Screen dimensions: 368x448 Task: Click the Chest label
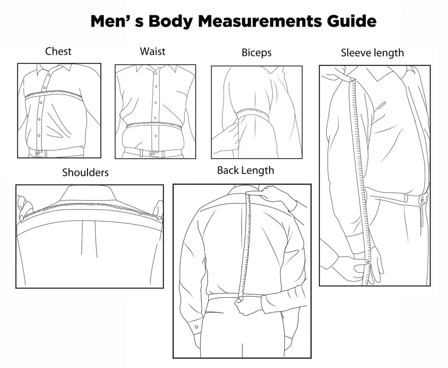point(58,51)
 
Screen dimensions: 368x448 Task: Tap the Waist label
point(153,51)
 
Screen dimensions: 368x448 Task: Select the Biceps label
point(256,53)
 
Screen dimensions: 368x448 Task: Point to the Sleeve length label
point(372,53)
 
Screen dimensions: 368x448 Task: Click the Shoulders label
point(85,172)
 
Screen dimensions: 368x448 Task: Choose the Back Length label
point(245,170)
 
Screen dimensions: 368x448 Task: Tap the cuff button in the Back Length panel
point(196,327)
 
